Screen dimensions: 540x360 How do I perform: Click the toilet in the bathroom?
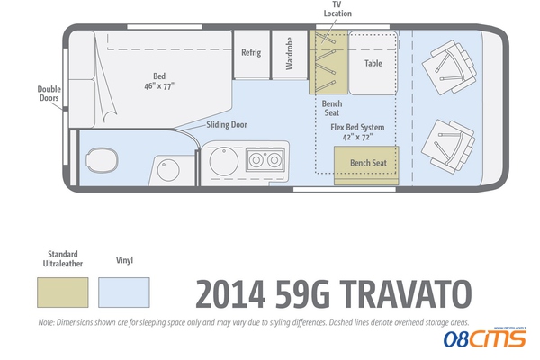click(102, 160)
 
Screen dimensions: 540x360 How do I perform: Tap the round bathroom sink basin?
click(168, 170)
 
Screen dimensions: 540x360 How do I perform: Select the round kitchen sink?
click(224, 161)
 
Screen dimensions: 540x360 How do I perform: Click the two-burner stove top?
click(265, 160)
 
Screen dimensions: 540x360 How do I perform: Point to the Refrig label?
click(251, 53)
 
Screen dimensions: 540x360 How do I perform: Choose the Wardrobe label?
click(289, 53)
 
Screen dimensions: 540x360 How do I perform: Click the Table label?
click(373, 63)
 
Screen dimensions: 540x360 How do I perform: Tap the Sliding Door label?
click(227, 125)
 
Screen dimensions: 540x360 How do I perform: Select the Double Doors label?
click(49, 94)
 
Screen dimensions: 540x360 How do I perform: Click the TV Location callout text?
click(337, 9)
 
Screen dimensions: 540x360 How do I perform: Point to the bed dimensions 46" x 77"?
click(159, 86)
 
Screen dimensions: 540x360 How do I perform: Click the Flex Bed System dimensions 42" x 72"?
click(357, 137)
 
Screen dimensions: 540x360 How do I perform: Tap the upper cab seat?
click(449, 67)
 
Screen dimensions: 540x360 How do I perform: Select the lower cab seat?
click(448, 147)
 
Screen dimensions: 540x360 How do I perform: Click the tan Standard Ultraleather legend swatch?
click(63, 292)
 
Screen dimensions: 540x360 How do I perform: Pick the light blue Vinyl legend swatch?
click(124, 292)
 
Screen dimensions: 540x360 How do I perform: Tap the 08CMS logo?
click(485, 337)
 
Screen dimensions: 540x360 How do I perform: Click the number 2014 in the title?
click(230, 294)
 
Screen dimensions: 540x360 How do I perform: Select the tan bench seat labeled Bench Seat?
click(366, 166)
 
